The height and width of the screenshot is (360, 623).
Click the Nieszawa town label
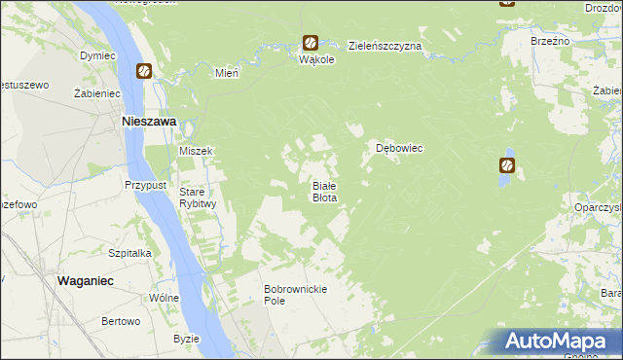pos(147,122)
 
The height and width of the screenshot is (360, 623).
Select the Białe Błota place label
pos(324,192)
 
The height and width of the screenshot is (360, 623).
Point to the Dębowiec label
pos(399,149)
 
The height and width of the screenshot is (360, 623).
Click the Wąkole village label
pos(317,59)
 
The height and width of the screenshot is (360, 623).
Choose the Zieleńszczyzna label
pos(385,46)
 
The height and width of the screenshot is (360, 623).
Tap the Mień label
pos(227,73)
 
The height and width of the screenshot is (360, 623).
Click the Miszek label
pos(196,151)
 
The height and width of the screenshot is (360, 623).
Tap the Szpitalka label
pos(129,252)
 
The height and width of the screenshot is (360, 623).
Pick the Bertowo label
pos(122,321)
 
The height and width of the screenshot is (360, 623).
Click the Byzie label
pos(186,339)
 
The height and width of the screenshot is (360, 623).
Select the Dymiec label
pos(97,56)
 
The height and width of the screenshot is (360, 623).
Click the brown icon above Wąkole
pos(310,43)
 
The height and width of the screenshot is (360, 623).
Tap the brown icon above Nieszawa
pos(144,71)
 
